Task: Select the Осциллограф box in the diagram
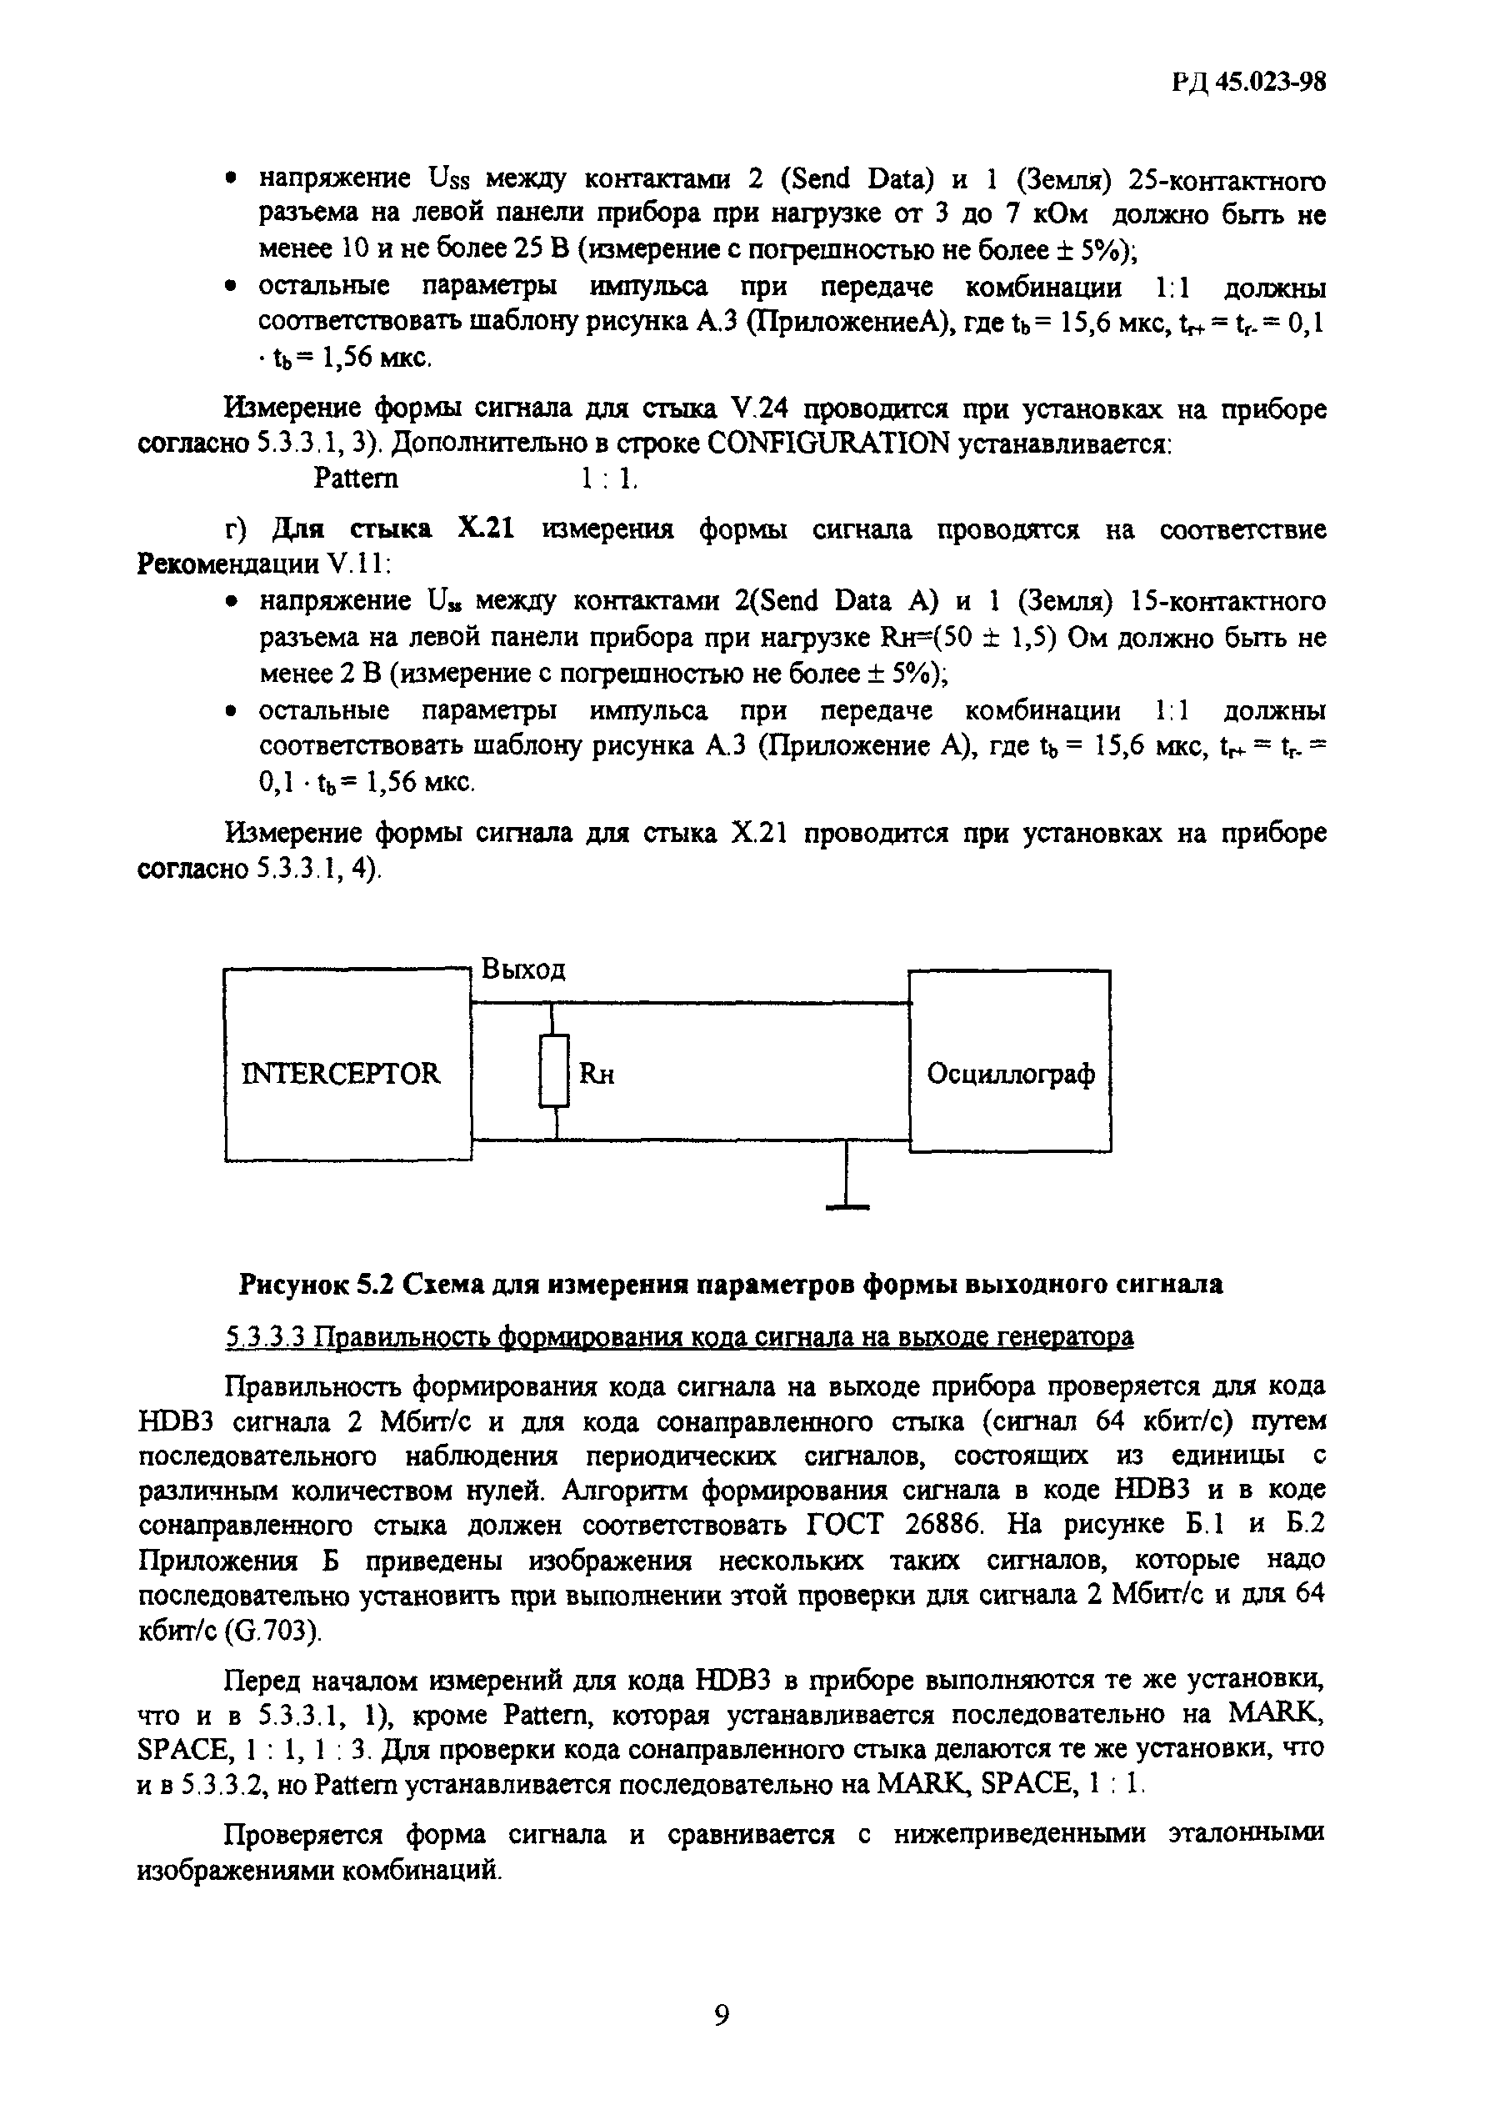[x=1009, y=1074]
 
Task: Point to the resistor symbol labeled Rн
[x=553, y=1070]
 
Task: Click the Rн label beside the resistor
[x=597, y=1074]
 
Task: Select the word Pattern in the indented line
[x=356, y=478]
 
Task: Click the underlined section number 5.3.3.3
[x=266, y=1336]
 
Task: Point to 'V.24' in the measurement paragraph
[x=755, y=408]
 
